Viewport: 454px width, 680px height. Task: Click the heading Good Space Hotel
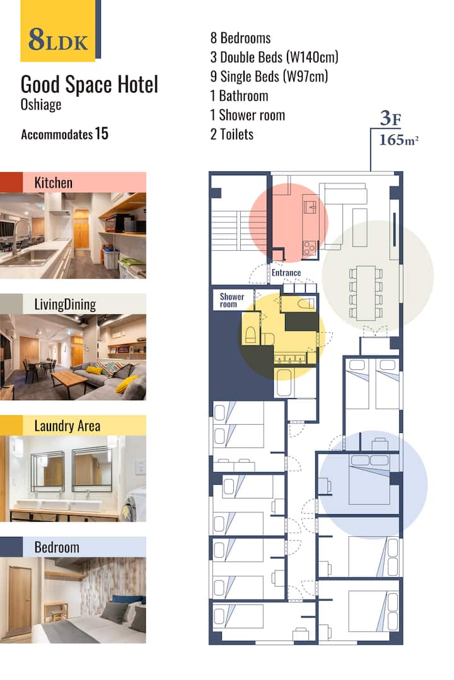tap(90, 84)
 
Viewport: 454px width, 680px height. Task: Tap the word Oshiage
tap(41, 105)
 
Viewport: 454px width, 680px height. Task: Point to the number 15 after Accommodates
tap(102, 134)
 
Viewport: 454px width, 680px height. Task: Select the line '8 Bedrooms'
tap(240, 38)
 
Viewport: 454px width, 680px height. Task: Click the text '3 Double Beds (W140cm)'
tap(274, 57)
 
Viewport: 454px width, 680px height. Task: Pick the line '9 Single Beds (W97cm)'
tap(269, 76)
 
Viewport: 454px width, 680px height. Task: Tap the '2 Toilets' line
tap(232, 134)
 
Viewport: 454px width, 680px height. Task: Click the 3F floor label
tap(391, 118)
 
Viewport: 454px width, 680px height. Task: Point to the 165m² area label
tap(399, 140)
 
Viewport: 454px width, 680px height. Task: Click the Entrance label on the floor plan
tap(286, 273)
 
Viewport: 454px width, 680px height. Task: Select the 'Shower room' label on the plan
tap(232, 300)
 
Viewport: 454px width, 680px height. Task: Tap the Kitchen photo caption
tap(54, 183)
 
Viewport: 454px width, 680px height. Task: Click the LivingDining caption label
tap(65, 304)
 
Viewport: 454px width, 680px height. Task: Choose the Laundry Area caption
tap(67, 426)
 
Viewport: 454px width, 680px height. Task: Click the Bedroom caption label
tap(57, 547)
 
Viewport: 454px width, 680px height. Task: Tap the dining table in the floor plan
tap(366, 292)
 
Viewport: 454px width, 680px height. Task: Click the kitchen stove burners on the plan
tap(310, 248)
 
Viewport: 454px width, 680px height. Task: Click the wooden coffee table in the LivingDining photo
tap(69, 379)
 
